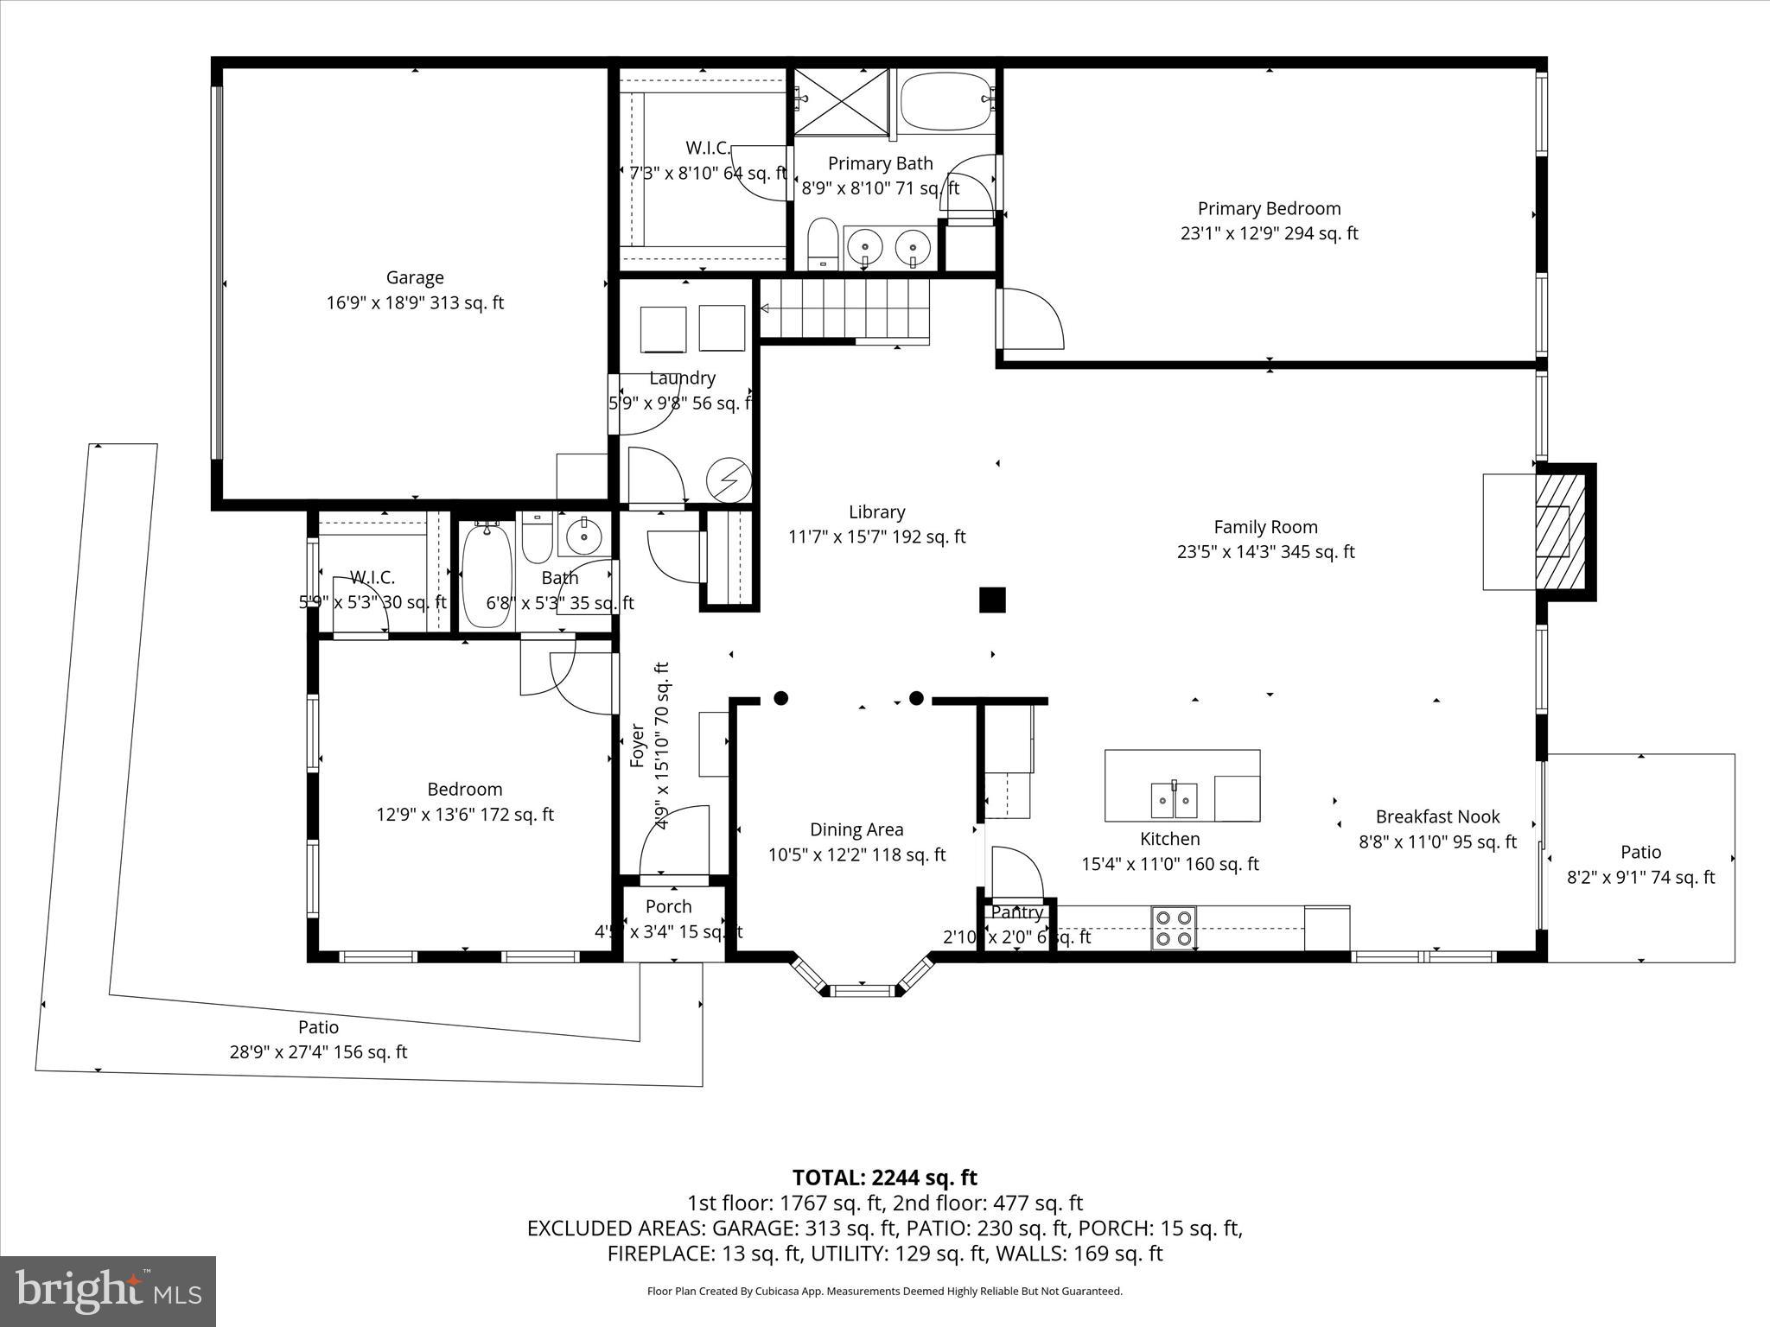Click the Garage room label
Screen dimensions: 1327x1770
click(415, 278)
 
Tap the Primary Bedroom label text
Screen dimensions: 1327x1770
click(1269, 209)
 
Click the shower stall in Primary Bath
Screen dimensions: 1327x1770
click(841, 102)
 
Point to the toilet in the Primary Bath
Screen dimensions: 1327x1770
click(822, 244)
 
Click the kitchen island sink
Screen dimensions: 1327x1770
click(1174, 800)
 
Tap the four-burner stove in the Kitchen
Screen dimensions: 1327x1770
click(1174, 928)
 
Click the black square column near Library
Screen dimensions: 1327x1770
click(992, 600)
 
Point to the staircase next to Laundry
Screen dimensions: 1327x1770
click(844, 309)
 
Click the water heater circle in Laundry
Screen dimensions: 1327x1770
click(729, 479)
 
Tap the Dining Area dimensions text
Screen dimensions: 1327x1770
click(856, 854)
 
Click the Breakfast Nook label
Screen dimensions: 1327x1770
click(1437, 816)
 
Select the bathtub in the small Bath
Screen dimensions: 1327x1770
click(487, 575)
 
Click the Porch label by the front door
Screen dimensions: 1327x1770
click(668, 906)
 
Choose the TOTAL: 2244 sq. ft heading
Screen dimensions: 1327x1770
click(884, 1178)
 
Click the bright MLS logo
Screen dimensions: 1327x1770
click(108, 1292)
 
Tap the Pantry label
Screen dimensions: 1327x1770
click(1017, 912)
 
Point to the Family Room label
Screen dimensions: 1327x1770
click(1265, 527)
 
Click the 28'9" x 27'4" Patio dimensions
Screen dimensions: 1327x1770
click(317, 1052)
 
